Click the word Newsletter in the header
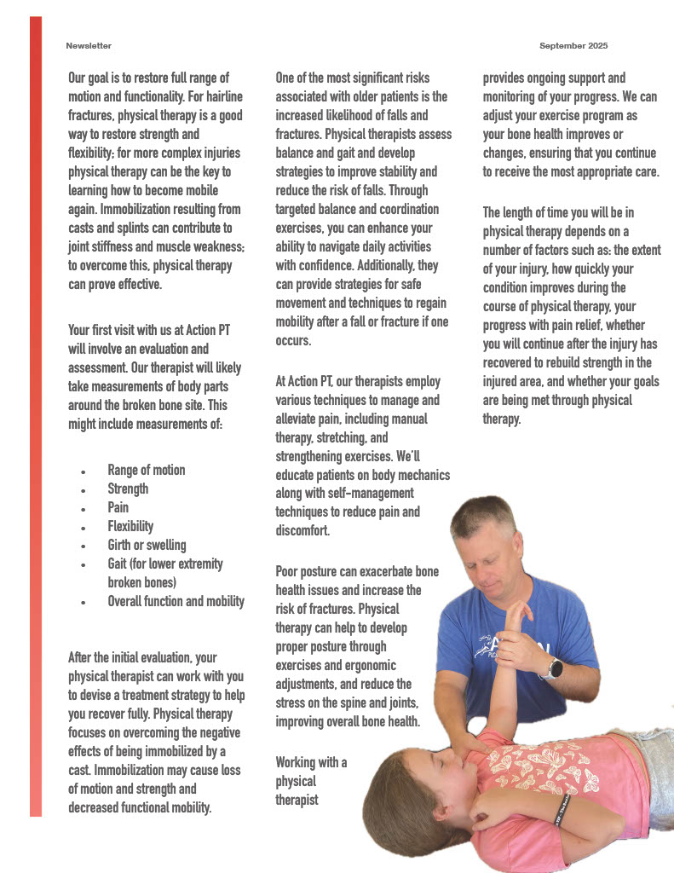tap(89, 45)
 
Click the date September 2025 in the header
tap(573, 45)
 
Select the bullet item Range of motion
tap(146, 470)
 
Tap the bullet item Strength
tap(128, 489)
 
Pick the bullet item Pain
tap(118, 507)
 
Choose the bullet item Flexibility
tap(130, 526)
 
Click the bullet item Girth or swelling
tap(147, 545)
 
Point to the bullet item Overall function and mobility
tap(176, 601)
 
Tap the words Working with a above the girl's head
tap(311, 762)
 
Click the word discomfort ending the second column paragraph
tap(303, 531)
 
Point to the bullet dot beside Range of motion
tap(83, 471)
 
